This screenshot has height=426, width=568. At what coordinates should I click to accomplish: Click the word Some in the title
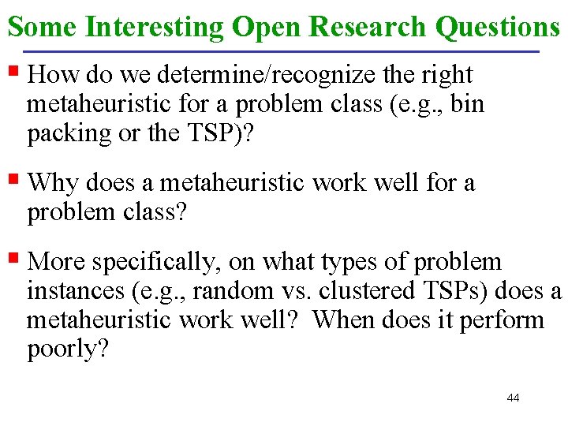(42, 27)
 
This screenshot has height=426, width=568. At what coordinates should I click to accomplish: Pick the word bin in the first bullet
(468, 104)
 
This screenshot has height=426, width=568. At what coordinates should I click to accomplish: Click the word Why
(53, 184)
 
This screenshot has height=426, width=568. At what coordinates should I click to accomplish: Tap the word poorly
(65, 349)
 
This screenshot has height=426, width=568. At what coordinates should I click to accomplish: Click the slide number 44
(513, 398)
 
